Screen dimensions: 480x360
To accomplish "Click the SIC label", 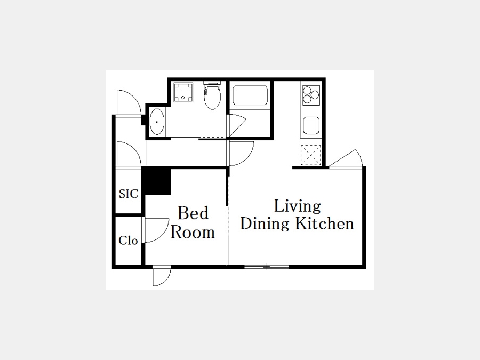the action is pos(129,194).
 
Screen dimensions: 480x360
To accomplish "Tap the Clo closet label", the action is pos(128,241).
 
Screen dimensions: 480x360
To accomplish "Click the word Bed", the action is pos(193,213).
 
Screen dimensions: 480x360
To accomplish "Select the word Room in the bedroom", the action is pos(193,233).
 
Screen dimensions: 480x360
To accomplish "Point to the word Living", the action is pos(297,206).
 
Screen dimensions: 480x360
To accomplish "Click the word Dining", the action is pos(265,224).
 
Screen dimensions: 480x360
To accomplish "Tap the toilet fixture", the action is pos(212,95).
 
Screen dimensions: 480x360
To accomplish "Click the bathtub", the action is pos(250,95).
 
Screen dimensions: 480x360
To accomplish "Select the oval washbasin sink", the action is pos(157,122).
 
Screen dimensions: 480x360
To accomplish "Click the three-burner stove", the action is pos(311,95).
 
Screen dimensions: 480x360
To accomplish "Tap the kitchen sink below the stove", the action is pos(311,125).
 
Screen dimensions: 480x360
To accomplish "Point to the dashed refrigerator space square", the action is pos(311,155).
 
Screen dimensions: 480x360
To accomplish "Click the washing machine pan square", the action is pos(183,92).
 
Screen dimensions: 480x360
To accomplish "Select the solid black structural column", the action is pos(156,181).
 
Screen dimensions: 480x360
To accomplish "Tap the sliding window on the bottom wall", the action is pos(267,267).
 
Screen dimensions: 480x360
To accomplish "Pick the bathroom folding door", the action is pos(237,125).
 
